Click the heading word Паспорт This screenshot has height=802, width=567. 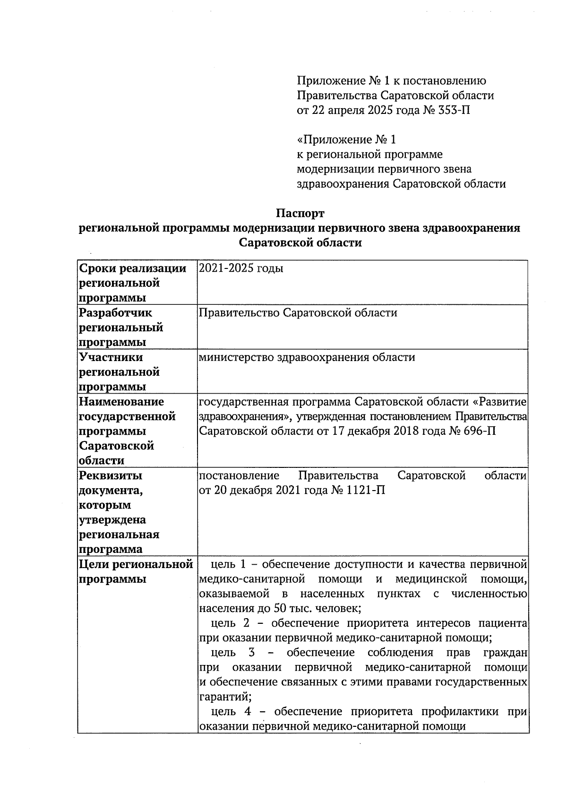300,213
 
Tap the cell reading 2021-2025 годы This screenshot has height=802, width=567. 241,268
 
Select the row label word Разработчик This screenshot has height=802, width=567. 115,312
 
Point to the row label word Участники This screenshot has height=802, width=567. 111,357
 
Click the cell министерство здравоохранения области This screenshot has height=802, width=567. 307,357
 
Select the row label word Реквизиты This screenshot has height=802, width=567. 111,475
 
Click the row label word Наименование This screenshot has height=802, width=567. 121,401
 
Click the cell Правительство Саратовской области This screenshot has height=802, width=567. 298,312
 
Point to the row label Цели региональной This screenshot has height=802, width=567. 136,564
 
